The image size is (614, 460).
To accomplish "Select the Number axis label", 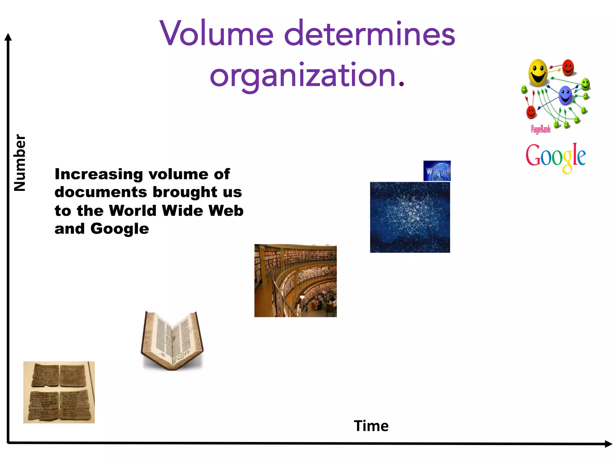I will [x=20, y=162].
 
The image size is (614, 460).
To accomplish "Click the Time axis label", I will [x=371, y=426].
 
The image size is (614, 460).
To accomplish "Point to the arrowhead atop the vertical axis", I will [x=8, y=37].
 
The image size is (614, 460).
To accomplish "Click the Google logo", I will [x=556, y=157].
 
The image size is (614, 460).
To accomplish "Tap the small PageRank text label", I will [x=541, y=129].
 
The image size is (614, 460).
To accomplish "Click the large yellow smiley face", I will [x=538, y=73].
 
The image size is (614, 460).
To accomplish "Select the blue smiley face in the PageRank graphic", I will [x=565, y=95].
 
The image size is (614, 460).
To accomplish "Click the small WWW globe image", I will [x=437, y=171].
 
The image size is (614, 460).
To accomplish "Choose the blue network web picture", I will [x=410, y=217].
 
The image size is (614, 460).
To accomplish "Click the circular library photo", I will [x=295, y=281].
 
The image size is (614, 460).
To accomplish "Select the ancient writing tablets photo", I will [x=59, y=392].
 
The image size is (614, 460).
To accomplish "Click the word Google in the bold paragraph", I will [x=119, y=229].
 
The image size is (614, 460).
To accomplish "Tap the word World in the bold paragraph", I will [x=133, y=211].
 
